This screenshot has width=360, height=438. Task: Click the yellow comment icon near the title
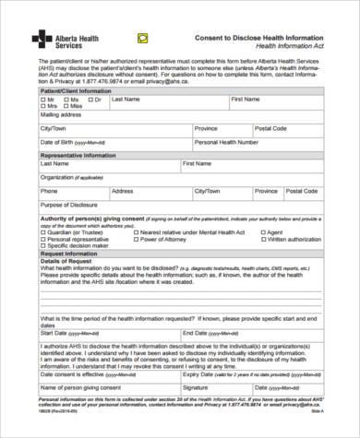point(141,38)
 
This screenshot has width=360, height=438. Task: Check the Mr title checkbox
point(41,100)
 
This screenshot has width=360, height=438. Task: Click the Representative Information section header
point(77,156)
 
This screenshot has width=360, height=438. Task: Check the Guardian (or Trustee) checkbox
point(42,234)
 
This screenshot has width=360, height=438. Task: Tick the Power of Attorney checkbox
point(138,241)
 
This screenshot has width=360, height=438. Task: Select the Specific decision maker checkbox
point(42,247)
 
